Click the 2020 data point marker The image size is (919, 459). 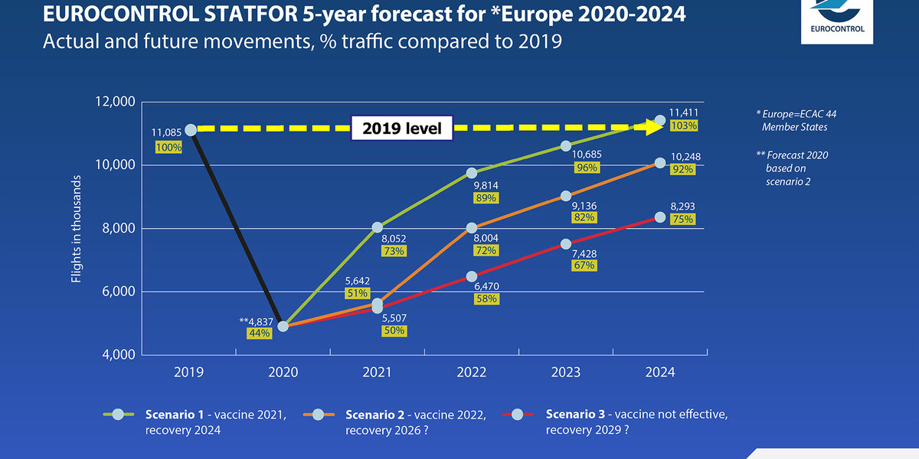283,326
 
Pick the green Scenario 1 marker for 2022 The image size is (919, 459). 472,173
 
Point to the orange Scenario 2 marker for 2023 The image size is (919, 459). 566,196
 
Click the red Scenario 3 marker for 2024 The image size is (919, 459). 660,217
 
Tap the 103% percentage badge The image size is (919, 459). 682,125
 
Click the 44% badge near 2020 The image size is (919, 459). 258,334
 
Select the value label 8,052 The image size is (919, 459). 395,237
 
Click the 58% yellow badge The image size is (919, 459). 486,298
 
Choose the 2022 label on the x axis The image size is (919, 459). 472,373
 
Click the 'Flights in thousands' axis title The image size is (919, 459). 77,229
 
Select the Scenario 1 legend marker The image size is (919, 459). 118,414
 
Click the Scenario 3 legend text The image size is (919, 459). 636,422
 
